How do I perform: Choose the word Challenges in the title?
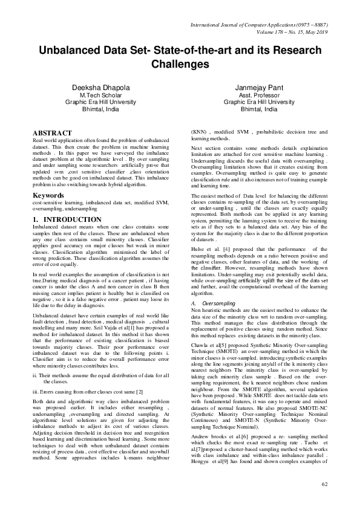coord(180,63)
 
